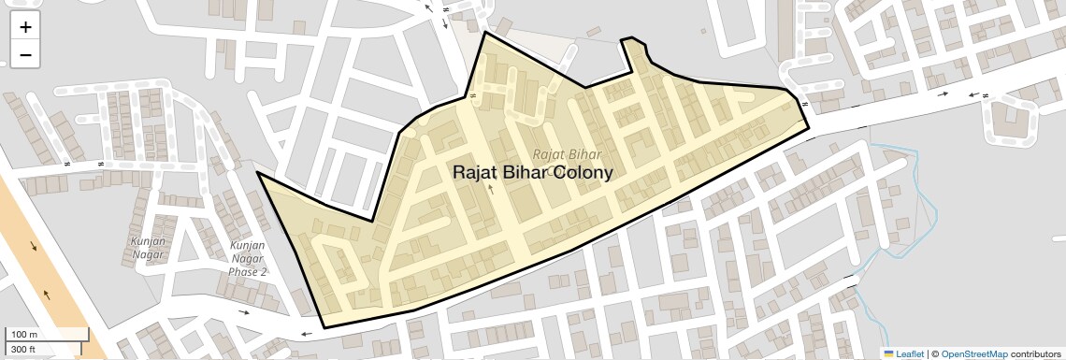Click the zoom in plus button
tap(25, 27)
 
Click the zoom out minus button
tap(25, 55)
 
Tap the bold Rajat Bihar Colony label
tap(533, 173)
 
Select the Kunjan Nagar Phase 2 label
tap(248, 259)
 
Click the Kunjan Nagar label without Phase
tap(148, 248)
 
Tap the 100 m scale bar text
tap(23, 335)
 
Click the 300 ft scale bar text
tap(22, 350)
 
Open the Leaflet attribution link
tap(910, 353)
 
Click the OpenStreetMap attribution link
tap(974, 353)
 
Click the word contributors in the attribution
tap(1036, 353)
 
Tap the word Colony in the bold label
tap(584, 173)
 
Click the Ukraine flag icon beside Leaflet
tap(888, 353)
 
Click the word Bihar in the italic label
tap(585, 153)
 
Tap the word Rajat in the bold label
tap(474, 173)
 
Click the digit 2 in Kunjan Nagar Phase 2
tap(264, 272)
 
